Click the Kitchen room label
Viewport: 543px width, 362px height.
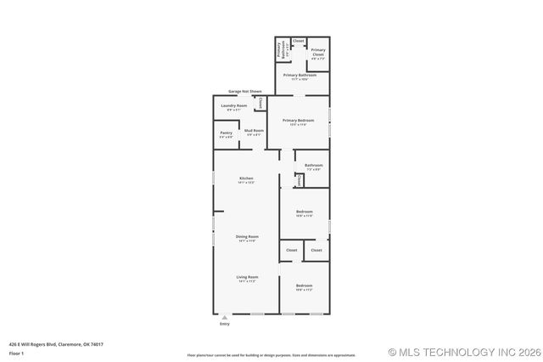point(246,178)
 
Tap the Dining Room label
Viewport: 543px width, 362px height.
point(247,236)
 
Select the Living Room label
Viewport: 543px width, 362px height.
point(247,277)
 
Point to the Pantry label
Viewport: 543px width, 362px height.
point(226,133)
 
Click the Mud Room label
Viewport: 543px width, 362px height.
point(255,131)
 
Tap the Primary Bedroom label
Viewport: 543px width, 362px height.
point(298,121)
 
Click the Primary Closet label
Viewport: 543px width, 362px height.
point(317,51)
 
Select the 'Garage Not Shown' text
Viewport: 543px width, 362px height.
point(244,91)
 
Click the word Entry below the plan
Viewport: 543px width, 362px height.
point(225,324)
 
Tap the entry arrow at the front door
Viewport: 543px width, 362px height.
point(225,316)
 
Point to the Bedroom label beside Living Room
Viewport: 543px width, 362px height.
point(305,286)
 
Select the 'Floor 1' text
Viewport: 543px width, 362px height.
point(16,352)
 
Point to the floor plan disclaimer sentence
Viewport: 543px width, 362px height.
point(271,354)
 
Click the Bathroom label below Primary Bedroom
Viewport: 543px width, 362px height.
point(314,165)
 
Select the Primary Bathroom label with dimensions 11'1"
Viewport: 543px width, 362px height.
point(300,76)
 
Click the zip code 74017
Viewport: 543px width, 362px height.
point(96,344)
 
